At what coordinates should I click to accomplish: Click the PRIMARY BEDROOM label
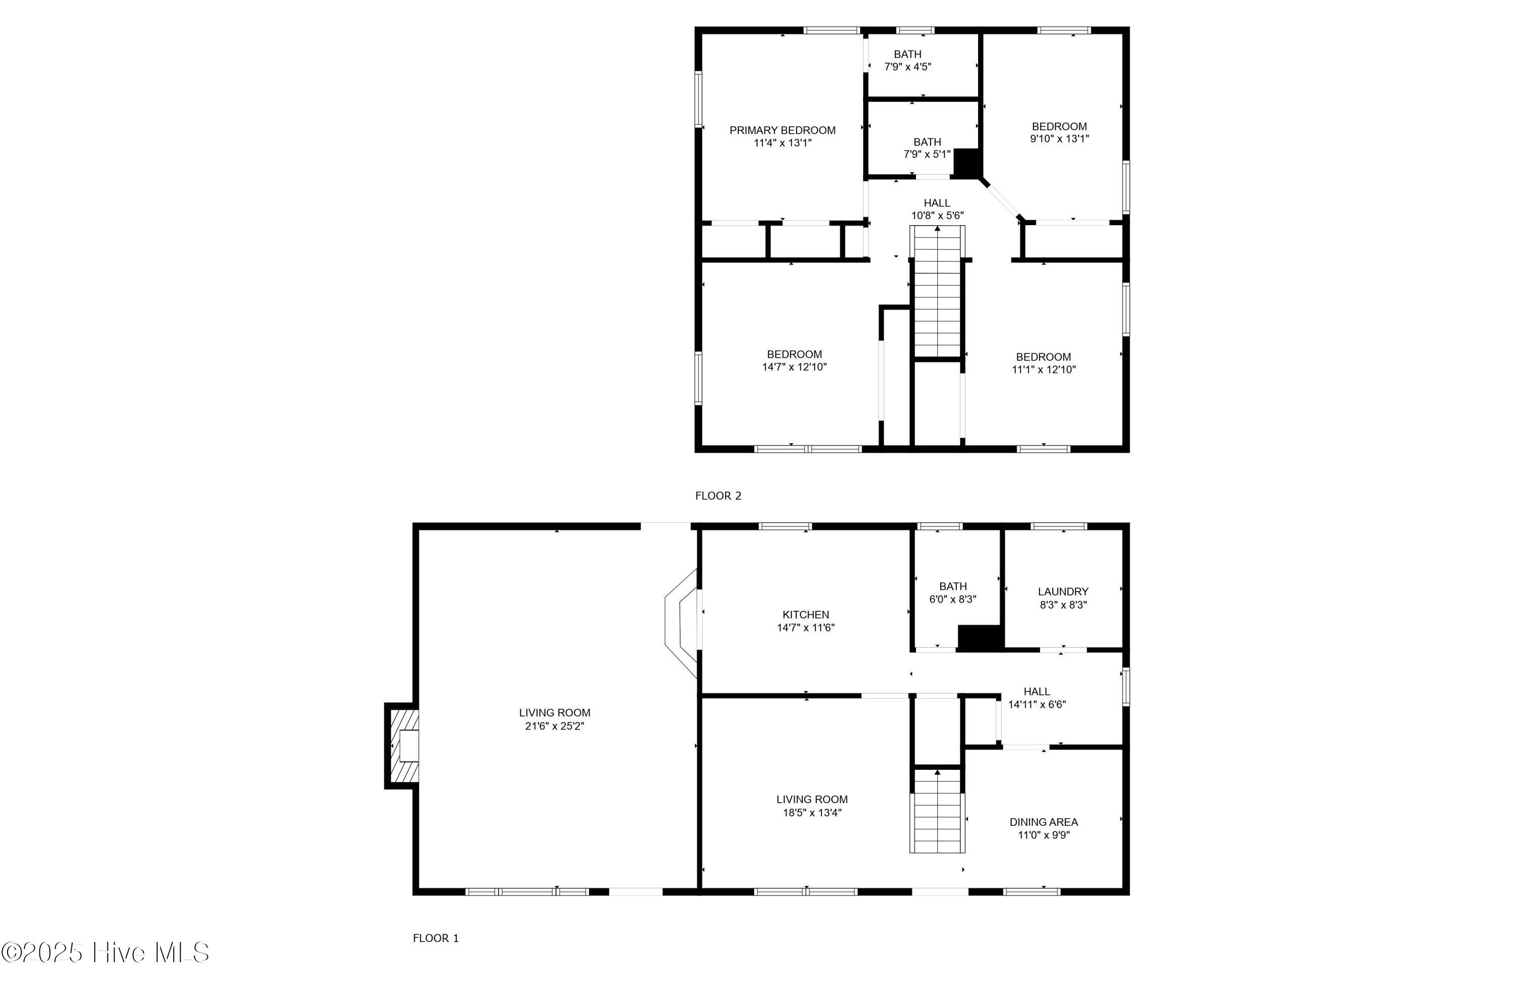(x=782, y=130)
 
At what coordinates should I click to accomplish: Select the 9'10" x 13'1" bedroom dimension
(x=1059, y=138)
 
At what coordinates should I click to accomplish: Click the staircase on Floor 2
(x=937, y=293)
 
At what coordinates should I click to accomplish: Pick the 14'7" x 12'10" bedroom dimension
(x=794, y=366)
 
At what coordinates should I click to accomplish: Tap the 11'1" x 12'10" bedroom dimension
(x=1043, y=369)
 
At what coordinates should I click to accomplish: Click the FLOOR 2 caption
(x=718, y=496)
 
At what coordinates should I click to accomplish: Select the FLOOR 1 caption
(x=435, y=937)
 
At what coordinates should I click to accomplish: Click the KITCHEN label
(x=805, y=614)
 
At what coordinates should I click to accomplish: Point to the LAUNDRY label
(x=1062, y=591)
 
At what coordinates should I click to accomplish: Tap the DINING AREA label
(x=1043, y=822)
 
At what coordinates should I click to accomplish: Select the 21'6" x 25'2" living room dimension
(x=554, y=725)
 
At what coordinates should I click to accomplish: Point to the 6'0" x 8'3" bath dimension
(x=952, y=599)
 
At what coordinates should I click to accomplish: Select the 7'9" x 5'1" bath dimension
(x=927, y=154)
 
